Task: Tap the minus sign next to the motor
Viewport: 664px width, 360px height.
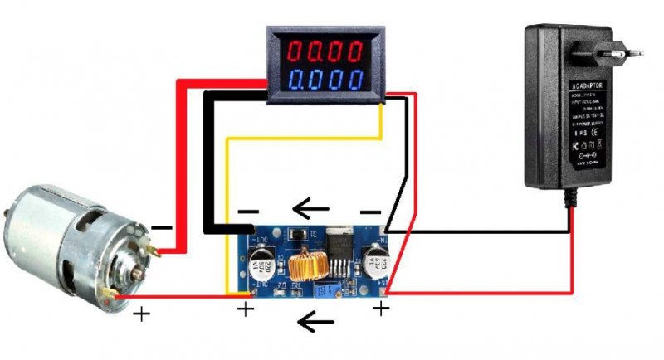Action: (x=163, y=226)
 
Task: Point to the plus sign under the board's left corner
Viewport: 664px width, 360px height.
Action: (x=246, y=310)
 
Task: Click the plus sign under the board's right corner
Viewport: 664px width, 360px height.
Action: (x=380, y=309)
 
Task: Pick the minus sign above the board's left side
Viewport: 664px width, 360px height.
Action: (x=248, y=212)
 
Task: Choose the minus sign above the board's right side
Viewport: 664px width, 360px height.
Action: (x=372, y=212)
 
